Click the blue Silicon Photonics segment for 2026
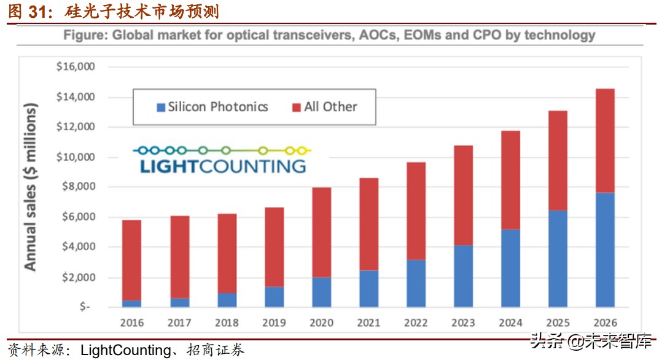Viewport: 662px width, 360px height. click(604, 249)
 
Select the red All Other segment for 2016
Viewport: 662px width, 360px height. click(132, 260)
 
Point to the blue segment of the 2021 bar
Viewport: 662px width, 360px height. click(368, 288)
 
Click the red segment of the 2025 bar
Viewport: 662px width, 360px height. click(558, 160)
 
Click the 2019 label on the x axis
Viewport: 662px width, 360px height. click(274, 322)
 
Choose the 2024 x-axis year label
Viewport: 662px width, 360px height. click(510, 322)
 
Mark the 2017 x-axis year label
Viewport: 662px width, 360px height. click(179, 322)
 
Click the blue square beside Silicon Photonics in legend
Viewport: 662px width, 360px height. click(162, 107)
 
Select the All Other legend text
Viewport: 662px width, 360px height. click(330, 107)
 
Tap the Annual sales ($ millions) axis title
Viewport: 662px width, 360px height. click(31, 187)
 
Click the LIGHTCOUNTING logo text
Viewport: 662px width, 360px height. click(223, 165)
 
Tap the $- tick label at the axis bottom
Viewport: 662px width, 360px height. click(85, 307)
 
